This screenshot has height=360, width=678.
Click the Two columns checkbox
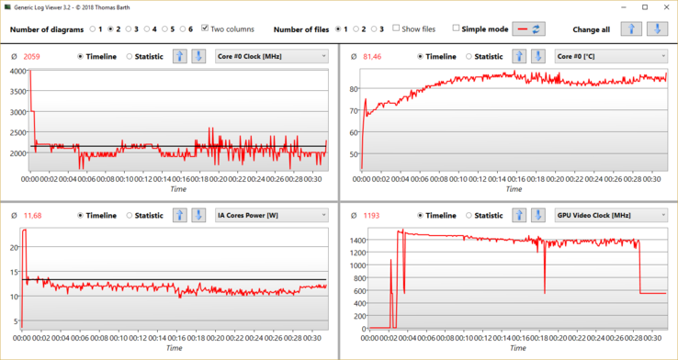tap(205, 28)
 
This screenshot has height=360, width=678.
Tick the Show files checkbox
tap(397, 28)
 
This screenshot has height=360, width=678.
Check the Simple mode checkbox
tap(456, 28)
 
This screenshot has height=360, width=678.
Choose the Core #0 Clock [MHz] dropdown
tap(271, 57)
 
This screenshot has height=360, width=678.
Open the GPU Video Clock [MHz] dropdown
tap(611, 215)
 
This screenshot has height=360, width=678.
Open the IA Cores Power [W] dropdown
tap(271, 215)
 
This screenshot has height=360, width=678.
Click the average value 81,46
tap(372, 57)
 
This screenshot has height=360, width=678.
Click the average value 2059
tap(33, 57)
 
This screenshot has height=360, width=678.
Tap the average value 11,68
tap(33, 215)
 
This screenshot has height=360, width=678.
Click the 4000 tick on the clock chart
tap(18, 71)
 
